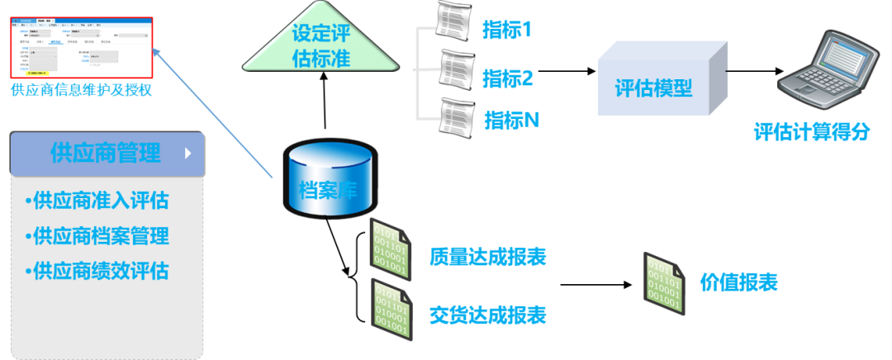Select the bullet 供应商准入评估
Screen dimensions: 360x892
tap(97, 201)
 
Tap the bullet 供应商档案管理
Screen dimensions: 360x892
tap(97, 236)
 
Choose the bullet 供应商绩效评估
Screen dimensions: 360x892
tap(97, 272)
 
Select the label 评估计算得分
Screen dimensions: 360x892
tap(811, 132)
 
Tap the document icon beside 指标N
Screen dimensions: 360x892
tap(457, 116)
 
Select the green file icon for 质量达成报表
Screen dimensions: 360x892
tap(390, 244)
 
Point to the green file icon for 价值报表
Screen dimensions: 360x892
tap(664, 283)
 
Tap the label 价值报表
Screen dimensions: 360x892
tap(739, 283)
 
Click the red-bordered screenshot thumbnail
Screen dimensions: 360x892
tap(81, 45)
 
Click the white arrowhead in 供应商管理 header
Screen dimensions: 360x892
tap(188, 154)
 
